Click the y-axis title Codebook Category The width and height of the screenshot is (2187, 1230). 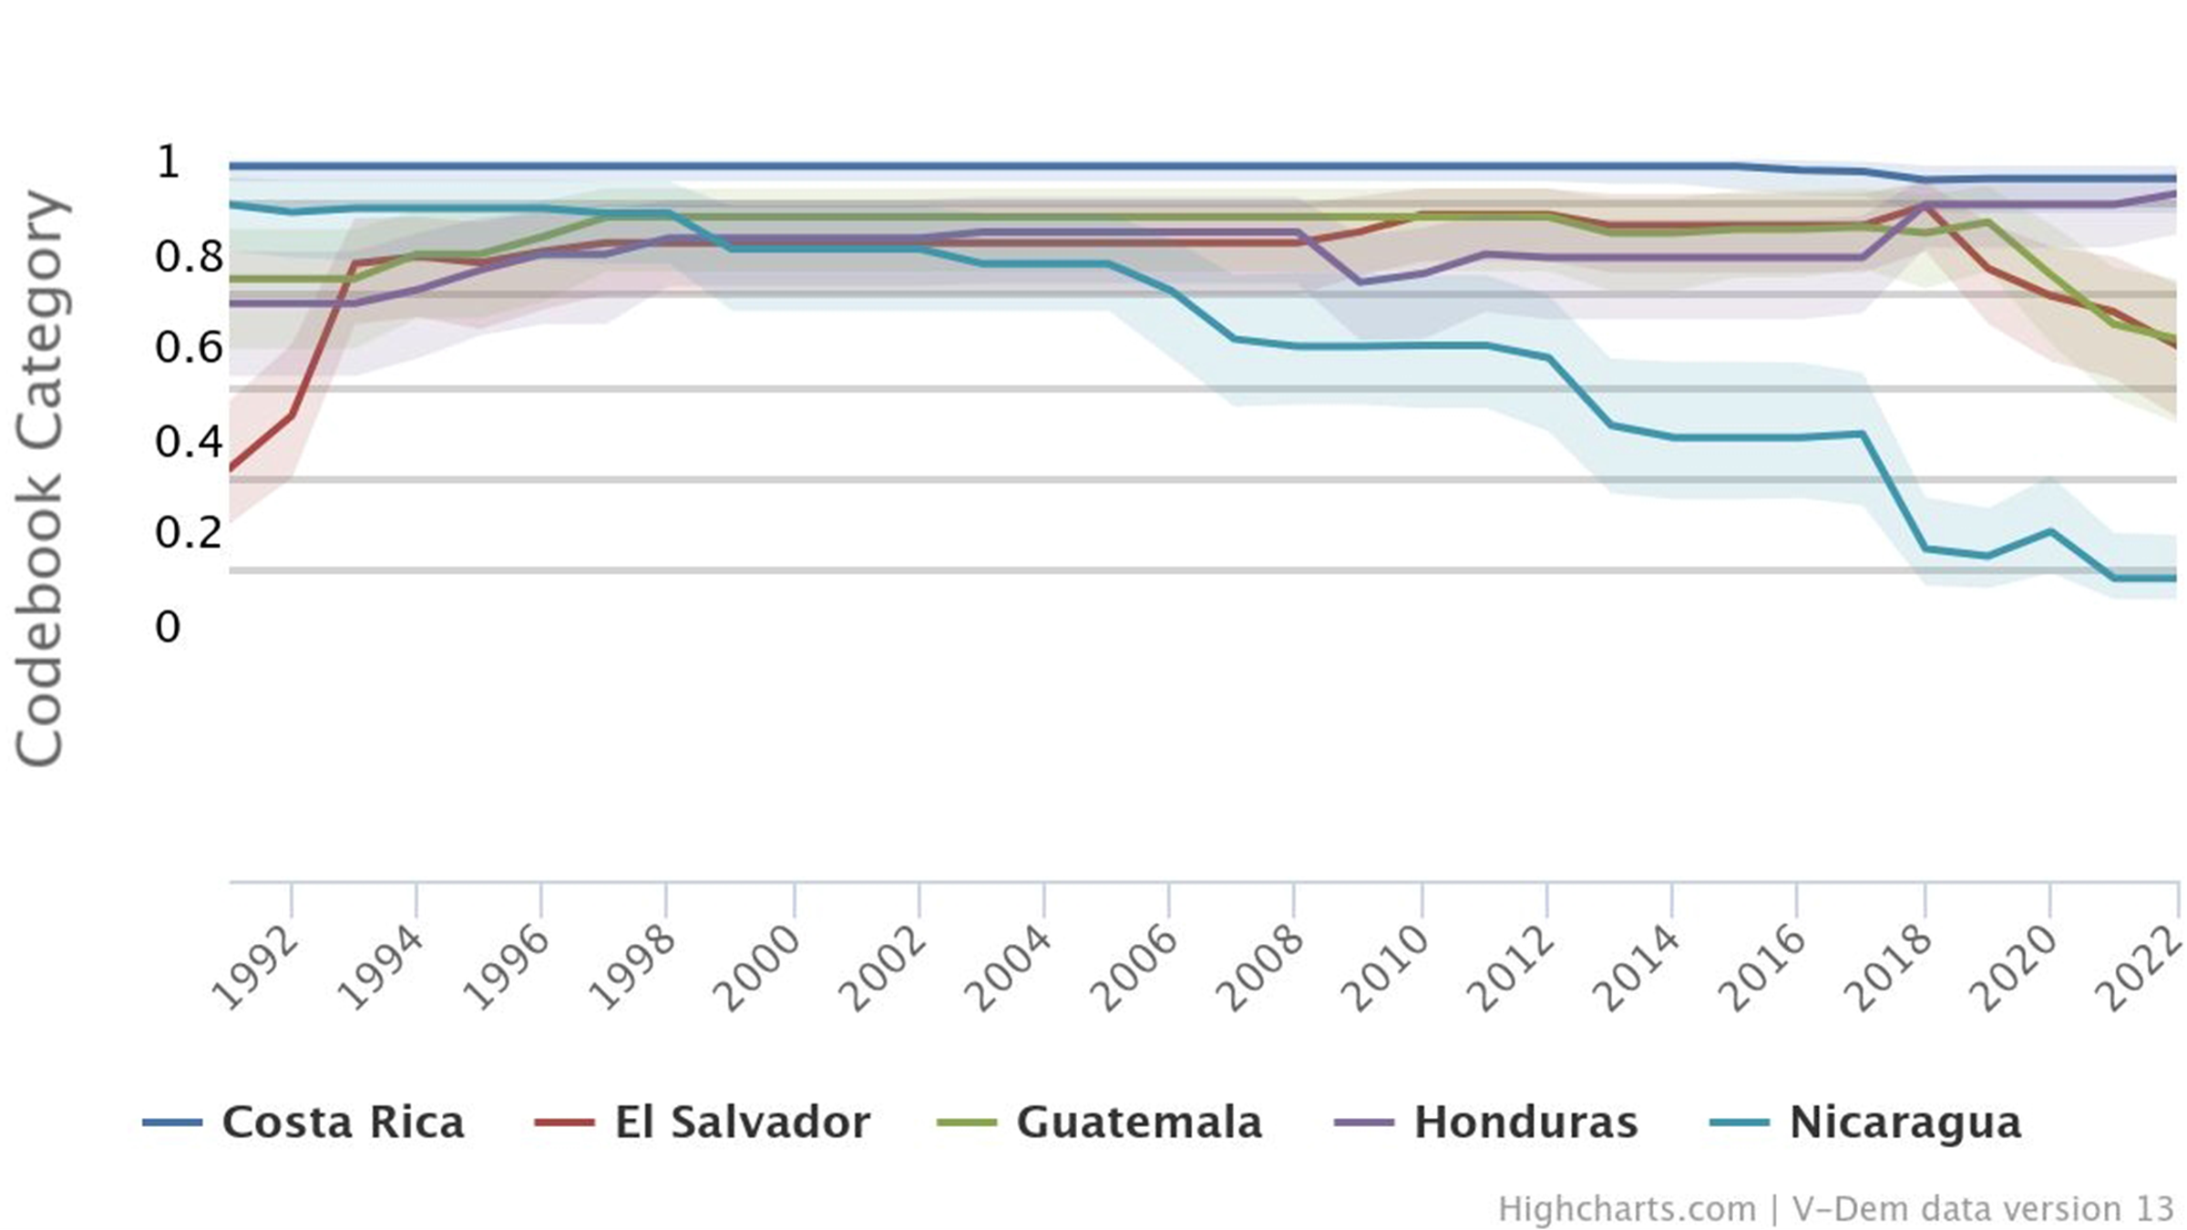coord(40,478)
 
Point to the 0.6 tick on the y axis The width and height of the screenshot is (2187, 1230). coord(189,347)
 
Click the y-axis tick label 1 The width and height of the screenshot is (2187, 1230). coord(169,162)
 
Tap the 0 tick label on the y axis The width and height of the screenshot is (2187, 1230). coord(168,627)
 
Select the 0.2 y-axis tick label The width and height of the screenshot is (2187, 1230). coord(189,532)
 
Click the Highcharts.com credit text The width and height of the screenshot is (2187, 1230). coord(1627,1209)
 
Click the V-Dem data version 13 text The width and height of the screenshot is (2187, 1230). coord(1983,1209)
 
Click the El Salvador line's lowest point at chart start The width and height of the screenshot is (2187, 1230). coord(231,469)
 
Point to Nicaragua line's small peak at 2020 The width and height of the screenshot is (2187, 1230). coord(2050,531)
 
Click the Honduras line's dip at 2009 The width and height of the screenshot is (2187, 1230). coord(1360,282)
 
